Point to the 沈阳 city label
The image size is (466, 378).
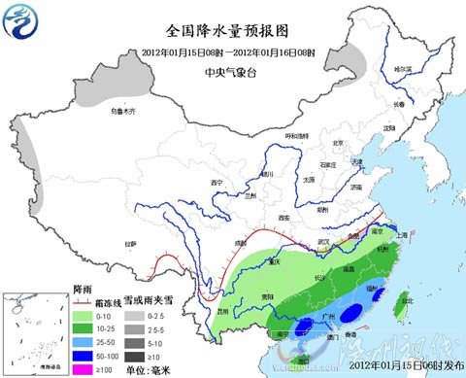[x=388, y=127]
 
